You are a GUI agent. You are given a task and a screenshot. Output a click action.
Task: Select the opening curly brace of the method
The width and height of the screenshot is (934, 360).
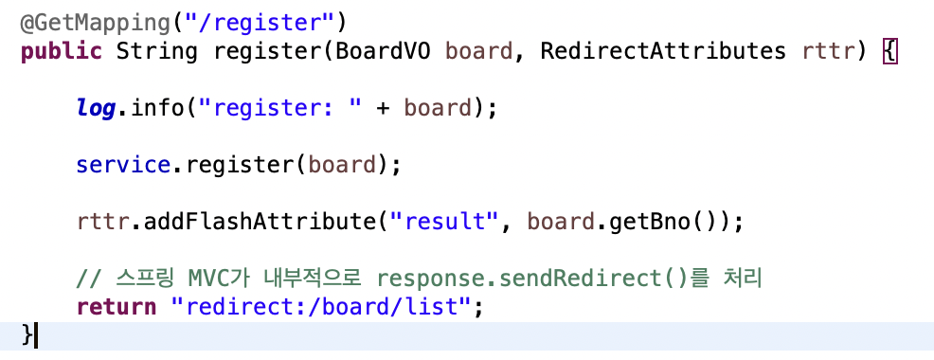tap(889, 50)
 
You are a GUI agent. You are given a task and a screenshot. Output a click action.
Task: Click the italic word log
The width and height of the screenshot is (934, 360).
tap(96, 108)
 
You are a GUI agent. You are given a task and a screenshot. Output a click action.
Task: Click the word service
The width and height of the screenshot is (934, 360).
tap(123, 165)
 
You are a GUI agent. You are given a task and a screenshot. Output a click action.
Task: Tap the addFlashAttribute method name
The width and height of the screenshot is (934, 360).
tap(260, 223)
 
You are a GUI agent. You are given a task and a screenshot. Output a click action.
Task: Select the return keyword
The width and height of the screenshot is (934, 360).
tap(117, 307)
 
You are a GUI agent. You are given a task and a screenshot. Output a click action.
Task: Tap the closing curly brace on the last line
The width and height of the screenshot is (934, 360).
tap(27, 334)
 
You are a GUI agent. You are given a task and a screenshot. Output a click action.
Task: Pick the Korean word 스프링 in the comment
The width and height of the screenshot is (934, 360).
tap(142, 279)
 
